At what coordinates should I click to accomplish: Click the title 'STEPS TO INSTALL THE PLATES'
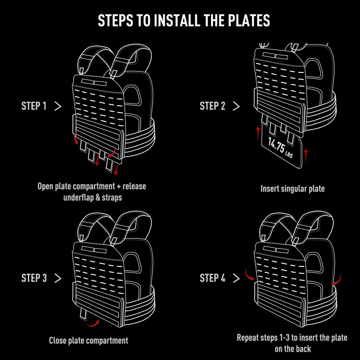click(x=184, y=21)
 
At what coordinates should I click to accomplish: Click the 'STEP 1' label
click(x=34, y=106)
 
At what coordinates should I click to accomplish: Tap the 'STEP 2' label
click(x=212, y=106)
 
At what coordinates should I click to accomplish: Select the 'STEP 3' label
click(x=34, y=278)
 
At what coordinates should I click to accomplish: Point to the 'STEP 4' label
click(x=212, y=278)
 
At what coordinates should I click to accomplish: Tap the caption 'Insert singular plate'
click(x=292, y=189)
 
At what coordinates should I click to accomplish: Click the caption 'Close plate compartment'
click(x=89, y=341)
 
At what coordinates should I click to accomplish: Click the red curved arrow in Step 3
click(x=93, y=323)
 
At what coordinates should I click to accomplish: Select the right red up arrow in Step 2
click(x=306, y=156)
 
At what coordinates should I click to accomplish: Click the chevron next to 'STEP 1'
click(x=58, y=106)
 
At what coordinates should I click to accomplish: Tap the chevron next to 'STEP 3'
click(x=58, y=278)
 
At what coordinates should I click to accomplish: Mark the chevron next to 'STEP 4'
click(x=236, y=278)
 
